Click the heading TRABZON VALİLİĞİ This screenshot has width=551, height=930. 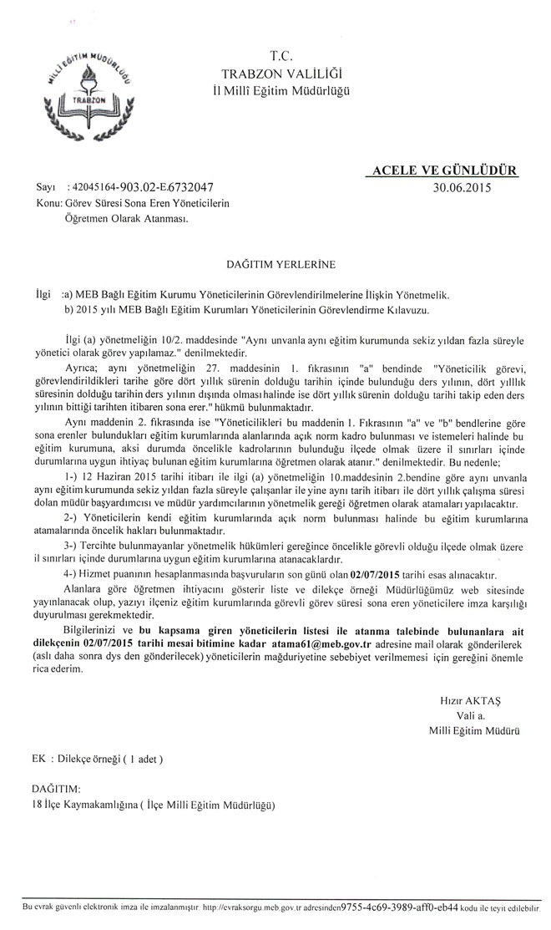281,74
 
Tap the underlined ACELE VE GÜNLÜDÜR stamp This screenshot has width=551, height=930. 442,170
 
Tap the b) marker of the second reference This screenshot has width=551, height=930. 69,310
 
